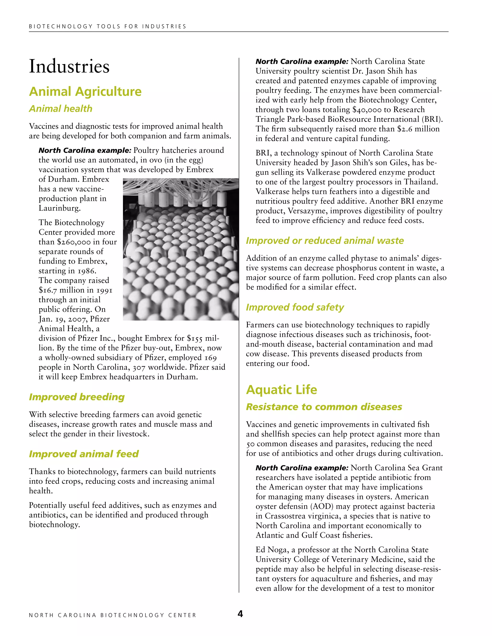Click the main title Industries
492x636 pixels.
(x=69, y=66)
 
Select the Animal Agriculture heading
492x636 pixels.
(x=85, y=91)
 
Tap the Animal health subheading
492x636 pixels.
(x=61, y=109)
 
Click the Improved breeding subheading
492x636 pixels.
(x=77, y=397)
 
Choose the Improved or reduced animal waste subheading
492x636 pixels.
(x=325, y=240)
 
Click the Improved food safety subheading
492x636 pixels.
(x=295, y=307)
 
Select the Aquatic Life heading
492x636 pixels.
(x=281, y=390)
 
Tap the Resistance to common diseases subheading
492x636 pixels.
(x=324, y=407)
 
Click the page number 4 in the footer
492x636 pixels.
(x=240, y=614)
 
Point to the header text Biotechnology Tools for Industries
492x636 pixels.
(x=108, y=26)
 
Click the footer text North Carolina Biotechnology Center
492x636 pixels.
(x=112, y=615)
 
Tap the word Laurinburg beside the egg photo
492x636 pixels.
(x=60, y=208)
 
